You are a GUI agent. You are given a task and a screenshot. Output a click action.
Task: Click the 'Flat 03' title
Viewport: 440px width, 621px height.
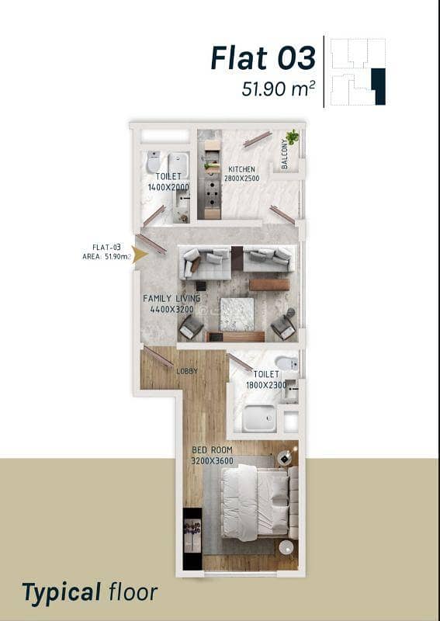263,57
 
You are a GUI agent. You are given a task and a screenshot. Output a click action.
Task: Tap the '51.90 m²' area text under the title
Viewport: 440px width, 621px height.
279,88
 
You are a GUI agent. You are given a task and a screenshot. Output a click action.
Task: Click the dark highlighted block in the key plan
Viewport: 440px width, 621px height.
379,86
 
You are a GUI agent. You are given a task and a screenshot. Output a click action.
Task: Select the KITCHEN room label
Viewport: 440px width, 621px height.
241,169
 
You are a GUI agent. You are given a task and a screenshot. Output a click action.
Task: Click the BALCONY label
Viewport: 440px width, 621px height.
284,154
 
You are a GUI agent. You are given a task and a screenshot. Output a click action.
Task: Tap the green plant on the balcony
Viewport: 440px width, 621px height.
293,137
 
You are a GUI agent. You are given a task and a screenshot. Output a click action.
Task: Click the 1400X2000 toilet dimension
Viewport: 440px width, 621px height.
168,187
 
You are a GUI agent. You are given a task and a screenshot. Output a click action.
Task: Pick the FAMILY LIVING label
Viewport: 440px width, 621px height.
171,298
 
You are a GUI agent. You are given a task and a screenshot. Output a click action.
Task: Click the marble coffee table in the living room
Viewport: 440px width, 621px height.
237,314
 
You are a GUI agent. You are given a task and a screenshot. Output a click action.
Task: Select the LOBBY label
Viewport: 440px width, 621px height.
187,372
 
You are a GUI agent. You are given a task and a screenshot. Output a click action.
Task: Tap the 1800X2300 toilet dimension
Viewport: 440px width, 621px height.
266,385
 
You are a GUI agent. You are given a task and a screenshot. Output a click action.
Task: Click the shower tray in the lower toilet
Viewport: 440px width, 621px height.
259,418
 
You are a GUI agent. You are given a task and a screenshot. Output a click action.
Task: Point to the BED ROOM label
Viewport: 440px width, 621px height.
212,450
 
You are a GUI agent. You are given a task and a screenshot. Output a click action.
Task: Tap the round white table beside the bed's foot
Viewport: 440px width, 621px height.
286,547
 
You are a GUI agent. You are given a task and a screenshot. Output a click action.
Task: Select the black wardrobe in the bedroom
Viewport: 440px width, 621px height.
192,539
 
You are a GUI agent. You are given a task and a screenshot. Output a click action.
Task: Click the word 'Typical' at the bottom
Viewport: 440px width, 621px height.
62,593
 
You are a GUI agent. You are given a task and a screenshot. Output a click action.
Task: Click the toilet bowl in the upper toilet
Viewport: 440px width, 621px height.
154,161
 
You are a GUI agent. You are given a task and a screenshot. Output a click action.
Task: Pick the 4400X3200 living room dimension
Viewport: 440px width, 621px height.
171,309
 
